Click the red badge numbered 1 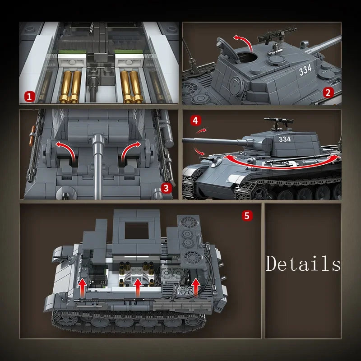point(29,96)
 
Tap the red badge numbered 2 point(328,93)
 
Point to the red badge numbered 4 point(195,120)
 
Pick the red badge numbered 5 point(246,216)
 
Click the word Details point(303,264)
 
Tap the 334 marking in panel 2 point(305,70)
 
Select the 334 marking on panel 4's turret point(285,139)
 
